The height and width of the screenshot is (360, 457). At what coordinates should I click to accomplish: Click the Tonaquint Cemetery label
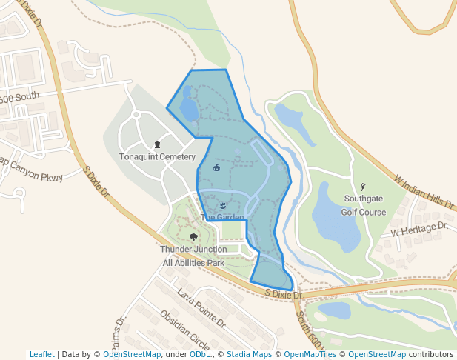(x=157, y=157)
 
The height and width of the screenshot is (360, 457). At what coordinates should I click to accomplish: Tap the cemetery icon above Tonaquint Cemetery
(x=156, y=144)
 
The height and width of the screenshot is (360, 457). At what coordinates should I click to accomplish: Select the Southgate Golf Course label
(x=362, y=205)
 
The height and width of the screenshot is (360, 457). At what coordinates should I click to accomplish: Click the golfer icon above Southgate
(x=362, y=187)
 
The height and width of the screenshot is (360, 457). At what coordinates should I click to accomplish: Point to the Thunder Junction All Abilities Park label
(x=193, y=256)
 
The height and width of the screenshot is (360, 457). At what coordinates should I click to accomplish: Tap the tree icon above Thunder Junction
(x=193, y=237)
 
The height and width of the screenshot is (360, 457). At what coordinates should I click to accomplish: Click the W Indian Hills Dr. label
(x=423, y=192)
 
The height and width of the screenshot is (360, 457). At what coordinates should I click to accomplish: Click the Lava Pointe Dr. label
(x=201, y=308)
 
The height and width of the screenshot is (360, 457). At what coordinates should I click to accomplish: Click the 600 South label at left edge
(x=19, y=97)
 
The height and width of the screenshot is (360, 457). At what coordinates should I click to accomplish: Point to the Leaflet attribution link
(x=41, y=354)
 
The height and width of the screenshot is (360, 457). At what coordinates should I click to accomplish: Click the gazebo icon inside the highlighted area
(x=216, y=167)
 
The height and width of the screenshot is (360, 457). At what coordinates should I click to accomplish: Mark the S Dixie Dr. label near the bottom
(x=284, y=295)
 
